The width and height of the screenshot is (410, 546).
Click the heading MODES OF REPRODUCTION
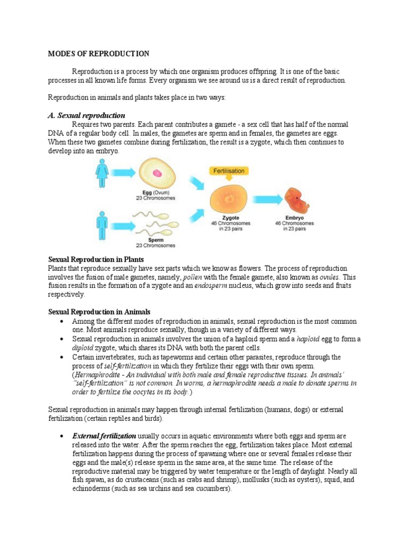click(99, 54)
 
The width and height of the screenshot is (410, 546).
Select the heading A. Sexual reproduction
click(86, 115)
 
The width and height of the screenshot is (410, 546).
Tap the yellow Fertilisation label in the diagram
click(228, 171)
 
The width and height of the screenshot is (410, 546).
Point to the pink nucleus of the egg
click(157, 173)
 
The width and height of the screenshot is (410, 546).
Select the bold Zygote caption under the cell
click(230, 218)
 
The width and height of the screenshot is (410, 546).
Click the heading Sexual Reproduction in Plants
click(96, 259)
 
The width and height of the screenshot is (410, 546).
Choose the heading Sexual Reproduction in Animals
click(99, 312)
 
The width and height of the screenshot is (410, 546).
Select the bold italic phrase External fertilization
click(104, 436)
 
